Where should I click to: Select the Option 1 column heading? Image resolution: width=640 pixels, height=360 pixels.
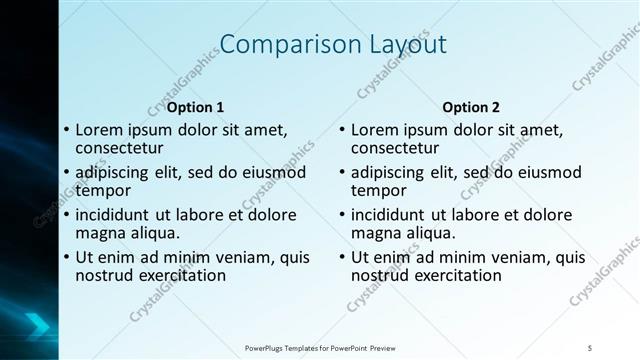pyautogui.click(x=195, y=107)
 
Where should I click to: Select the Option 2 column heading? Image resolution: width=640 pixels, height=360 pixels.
pyautogui.click(x=471, y=107)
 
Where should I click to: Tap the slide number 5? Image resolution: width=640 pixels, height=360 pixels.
pyautogui.click(x=589, y=347)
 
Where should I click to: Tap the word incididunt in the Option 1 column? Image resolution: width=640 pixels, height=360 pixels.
pyautogui.click(x=115, y=214)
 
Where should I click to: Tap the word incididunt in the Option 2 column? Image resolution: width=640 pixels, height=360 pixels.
pyautogui.click(x=391, y=214)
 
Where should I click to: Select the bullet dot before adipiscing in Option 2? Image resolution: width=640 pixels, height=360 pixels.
pyautogui.click(x=342, y=172)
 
